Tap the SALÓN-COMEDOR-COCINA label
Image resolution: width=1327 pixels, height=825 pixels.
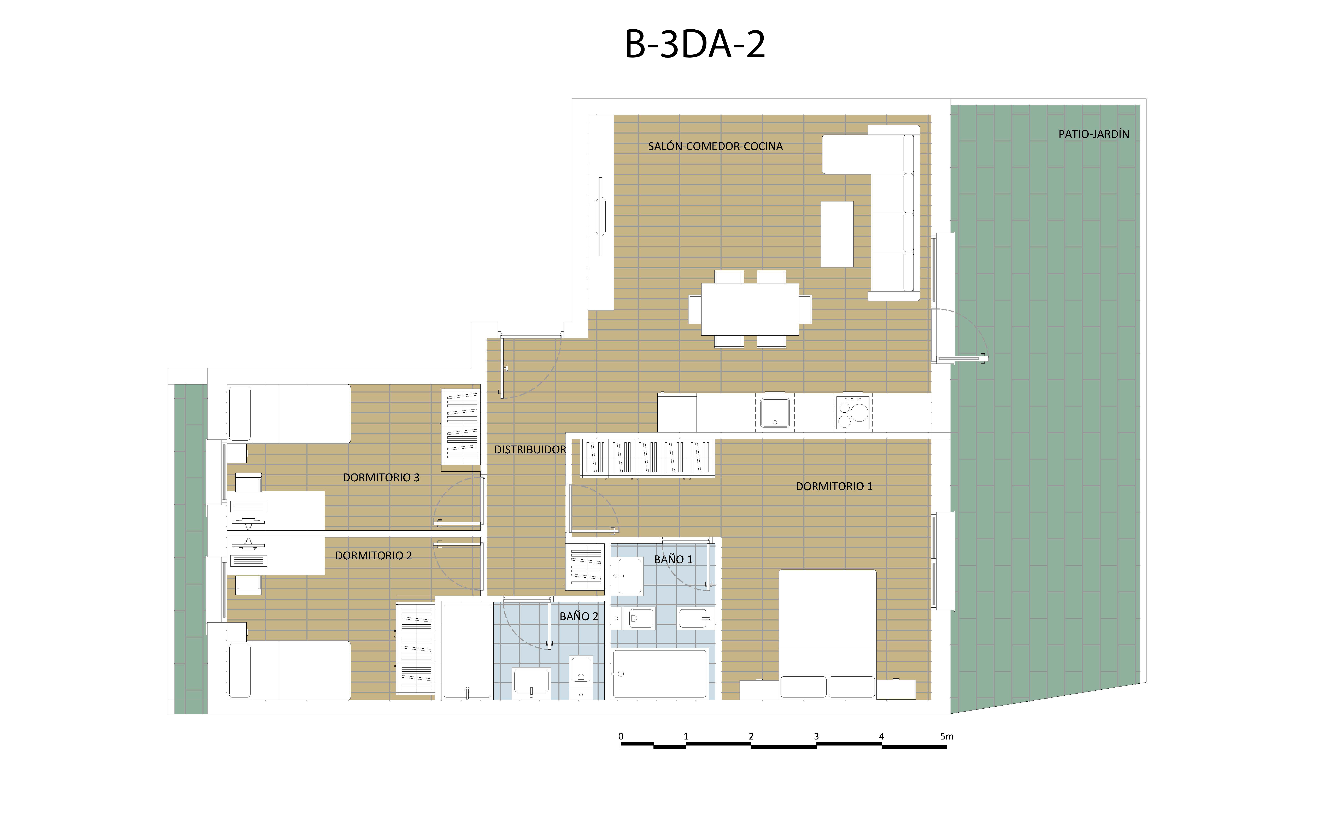[715, 146]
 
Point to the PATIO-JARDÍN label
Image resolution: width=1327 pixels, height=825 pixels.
[1093, 134]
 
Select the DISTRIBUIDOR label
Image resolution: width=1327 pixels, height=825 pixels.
[530, 450]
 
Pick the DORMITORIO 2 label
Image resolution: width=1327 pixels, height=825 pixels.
[373, 555]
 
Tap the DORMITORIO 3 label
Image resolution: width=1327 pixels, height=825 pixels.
[381, 477]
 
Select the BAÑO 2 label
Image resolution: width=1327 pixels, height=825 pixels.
[578, 617]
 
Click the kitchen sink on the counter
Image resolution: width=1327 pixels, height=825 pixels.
[775, 412]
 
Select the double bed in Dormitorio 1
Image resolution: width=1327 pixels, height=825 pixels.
[827, 634]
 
